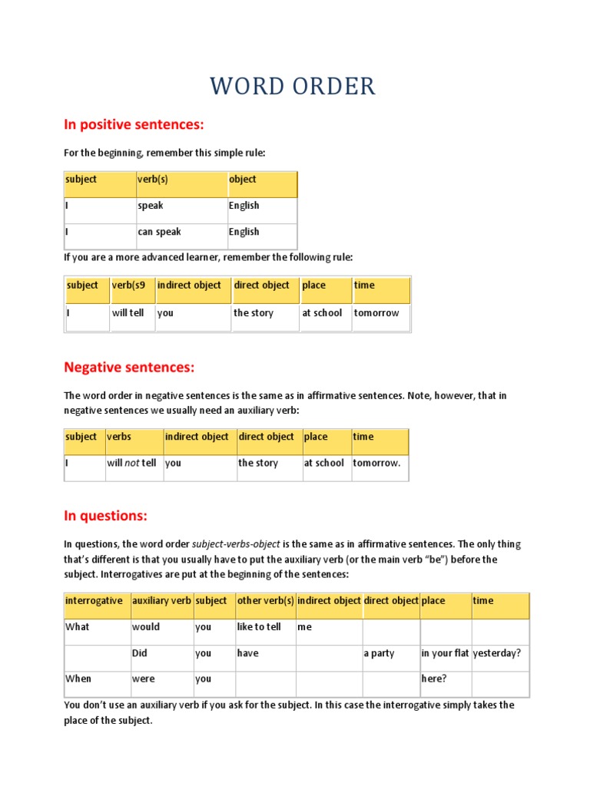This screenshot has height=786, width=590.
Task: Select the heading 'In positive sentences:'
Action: click(134, 125)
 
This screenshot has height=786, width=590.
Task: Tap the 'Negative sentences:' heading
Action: click(129, 368)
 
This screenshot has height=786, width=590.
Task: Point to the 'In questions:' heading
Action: click(105, 515)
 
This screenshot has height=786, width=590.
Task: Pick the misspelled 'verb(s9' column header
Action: click(128, 286)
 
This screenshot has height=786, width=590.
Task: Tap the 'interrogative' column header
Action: click(94, 601)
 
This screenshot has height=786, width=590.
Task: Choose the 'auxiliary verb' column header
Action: click(161, 601)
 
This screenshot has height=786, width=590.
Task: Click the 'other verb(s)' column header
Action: click(265, 601)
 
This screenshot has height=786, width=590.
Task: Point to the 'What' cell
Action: click(78, 627)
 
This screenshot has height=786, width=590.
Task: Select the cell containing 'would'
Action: click(146, 627)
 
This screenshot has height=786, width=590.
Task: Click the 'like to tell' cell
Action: click(259, 627)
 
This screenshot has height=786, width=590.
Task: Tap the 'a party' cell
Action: click(380, 654)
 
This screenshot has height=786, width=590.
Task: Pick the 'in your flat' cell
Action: click(445, 654)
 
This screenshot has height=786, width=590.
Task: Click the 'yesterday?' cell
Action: click(497, 654)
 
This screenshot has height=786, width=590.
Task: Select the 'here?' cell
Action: click(435, 679)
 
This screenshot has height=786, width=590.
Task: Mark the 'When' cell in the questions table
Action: click(78, 679)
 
